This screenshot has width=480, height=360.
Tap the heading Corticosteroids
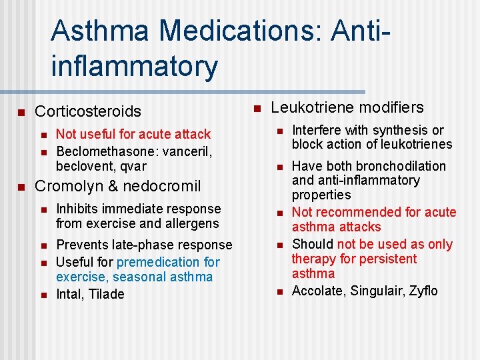tap(88, 111)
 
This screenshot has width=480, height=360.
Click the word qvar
tap(133, 165)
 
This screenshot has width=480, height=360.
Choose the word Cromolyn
tap(65, 186)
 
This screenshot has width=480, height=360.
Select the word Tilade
tap(106, 294)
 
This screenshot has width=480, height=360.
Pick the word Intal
tap(69, 294)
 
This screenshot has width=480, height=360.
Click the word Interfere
tap(317, 130)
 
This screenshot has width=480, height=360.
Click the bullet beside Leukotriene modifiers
tap(257, 108)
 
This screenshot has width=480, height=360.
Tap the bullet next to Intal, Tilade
tap(42, 294)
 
